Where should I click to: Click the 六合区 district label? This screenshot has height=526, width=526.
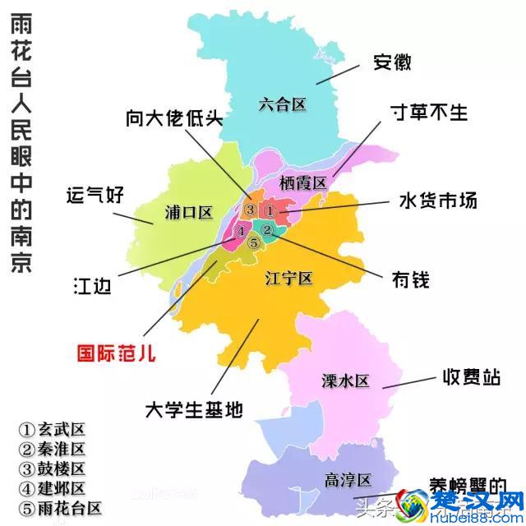(282, 104)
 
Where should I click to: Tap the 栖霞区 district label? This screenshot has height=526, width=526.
(303, 182)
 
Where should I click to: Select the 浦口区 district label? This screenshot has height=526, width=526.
(188, 213)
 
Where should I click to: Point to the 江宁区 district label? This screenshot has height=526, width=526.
(289, 278)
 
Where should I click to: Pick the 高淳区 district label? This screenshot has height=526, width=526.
(348, 480)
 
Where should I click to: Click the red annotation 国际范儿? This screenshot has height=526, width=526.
(116, 353)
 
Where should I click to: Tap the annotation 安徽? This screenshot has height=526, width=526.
(392, 62)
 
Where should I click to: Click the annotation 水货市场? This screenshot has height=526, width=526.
(438, 200)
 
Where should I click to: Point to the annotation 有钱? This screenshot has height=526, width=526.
(409, 280)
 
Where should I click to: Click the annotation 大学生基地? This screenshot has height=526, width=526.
(194, 409)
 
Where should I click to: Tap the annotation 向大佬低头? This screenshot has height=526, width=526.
(174, 118)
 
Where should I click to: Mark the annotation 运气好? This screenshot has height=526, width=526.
(95, 195)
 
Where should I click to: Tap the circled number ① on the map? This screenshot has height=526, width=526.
(271, 210)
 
